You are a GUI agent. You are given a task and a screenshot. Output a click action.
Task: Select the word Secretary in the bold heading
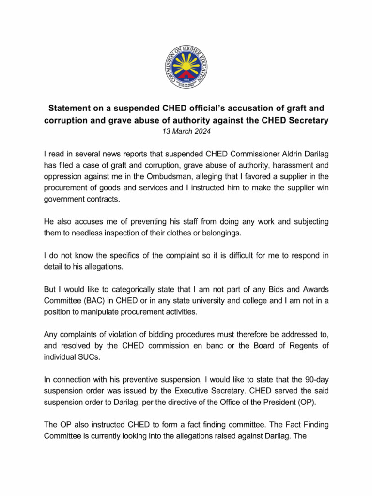[307, 120]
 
